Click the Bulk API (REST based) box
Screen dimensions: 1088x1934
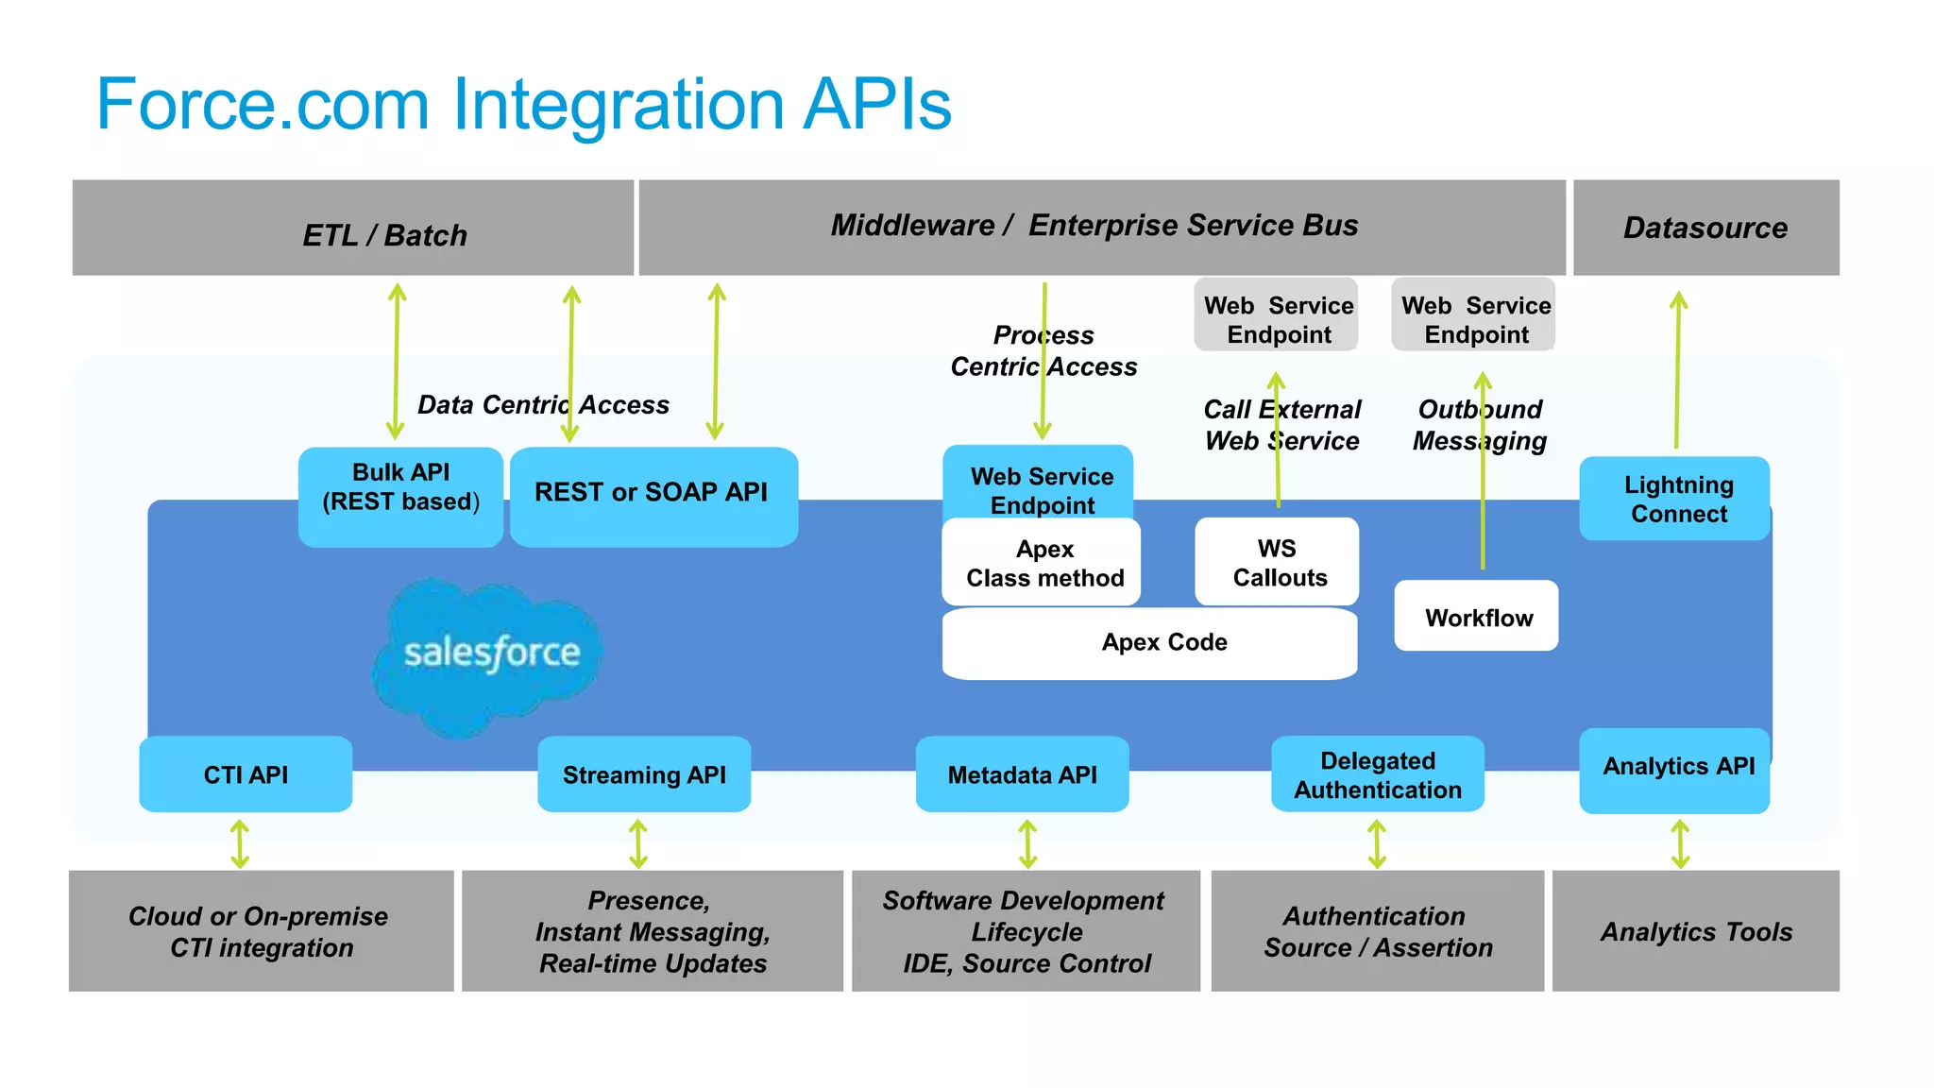point(400,497)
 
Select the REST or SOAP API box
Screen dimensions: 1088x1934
point(653,496)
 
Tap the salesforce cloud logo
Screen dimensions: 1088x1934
point(488,654)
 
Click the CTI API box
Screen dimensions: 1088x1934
point(246,774)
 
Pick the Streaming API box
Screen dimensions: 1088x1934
point(644,774)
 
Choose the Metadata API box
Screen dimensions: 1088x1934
point(1022,774)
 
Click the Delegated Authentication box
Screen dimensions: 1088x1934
point(1377,774)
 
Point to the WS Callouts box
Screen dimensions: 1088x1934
point(1277,563)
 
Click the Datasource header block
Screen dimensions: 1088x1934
point(1705,228)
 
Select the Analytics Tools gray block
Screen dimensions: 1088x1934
point(1695,931)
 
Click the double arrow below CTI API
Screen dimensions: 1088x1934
point(240,843)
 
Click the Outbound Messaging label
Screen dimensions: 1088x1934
point(1479,425)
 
